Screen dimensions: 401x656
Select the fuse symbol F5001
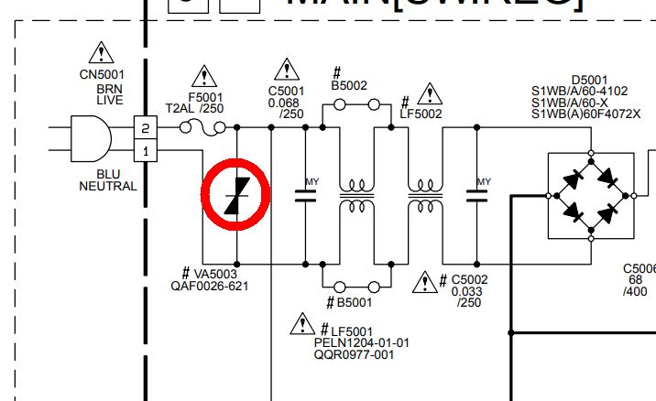tap(193, 127)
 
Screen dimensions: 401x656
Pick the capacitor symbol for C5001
tap(305, 195)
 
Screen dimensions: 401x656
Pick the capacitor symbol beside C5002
tap(477, 195)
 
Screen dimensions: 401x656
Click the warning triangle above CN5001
tap(102, 54)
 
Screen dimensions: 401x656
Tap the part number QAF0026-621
tap(209, 285)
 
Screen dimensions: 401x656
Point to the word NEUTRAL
tap(108, 186)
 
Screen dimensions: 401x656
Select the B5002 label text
tap(350, 84)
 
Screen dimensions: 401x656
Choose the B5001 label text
tap(355, 303)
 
